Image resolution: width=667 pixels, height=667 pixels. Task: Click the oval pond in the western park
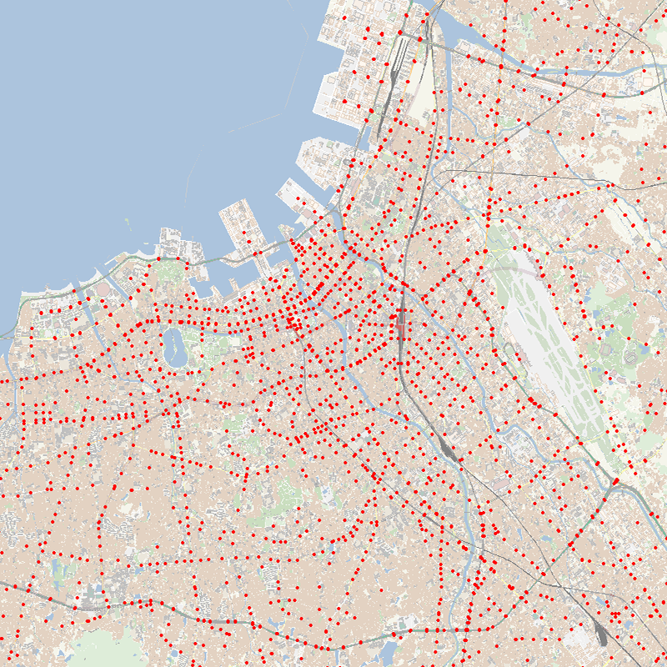(174, 345)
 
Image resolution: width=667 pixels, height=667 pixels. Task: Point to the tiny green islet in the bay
(127, 220)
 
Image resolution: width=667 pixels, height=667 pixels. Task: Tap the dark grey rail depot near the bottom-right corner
(602, 635)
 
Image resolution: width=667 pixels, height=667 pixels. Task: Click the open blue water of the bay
(125, 108)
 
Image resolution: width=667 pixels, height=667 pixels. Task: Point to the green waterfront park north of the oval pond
(171, 271)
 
